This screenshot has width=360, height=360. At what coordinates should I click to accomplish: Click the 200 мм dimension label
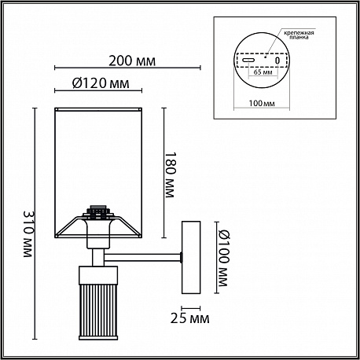point(132,61)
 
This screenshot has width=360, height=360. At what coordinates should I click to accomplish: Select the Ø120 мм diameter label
point(101,83)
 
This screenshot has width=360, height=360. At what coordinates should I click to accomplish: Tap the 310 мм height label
point(28,233)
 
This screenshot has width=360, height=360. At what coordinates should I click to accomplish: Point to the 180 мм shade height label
point(169,174)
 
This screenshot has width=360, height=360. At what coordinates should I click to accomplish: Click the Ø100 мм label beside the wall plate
point(223,258)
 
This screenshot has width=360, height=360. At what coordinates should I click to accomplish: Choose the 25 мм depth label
point(190,318)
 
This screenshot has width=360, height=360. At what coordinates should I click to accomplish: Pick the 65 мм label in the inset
point(263,72)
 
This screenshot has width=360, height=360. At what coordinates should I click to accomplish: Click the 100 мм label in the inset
point(262,103)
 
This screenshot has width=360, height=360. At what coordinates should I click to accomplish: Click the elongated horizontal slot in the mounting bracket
point(248,60)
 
